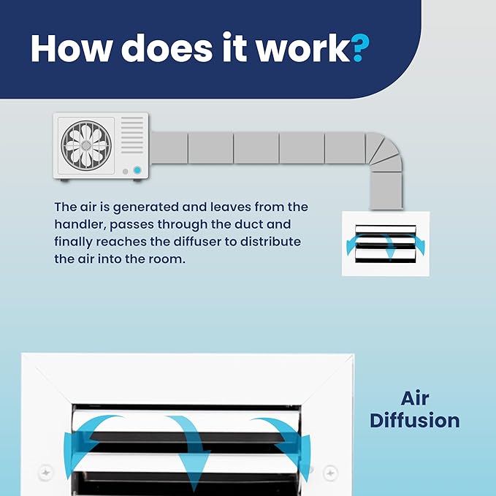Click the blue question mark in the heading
[x=360, y=47]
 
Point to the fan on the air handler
[x=86, y=145]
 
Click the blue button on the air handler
[x=137, y=170]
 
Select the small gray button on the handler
[x=125, y=172]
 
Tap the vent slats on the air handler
[x=132, y=135]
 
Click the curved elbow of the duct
[x=384, y=152]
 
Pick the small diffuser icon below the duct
[x=386, y=243]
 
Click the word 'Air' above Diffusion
[x=415, y=398]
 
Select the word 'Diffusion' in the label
[x=415, y=421]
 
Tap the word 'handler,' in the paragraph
[x=80, y=224]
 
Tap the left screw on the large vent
[x=45, y=473]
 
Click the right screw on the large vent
[x=330, y=473]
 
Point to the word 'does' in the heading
[x=167, y=47]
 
